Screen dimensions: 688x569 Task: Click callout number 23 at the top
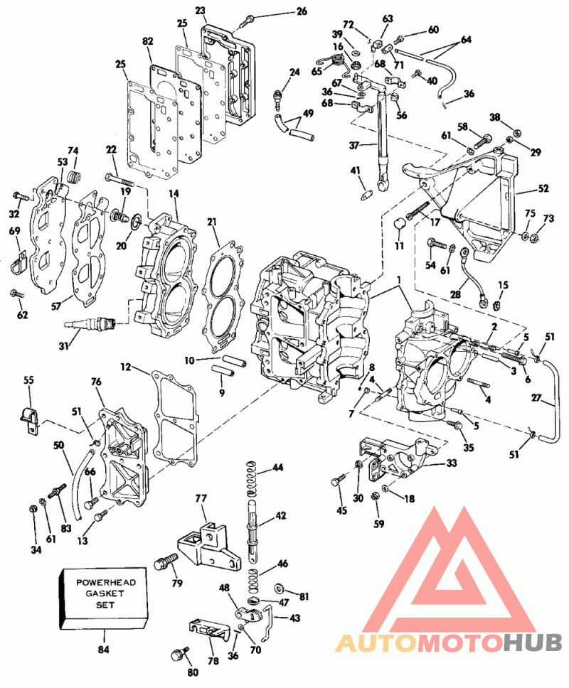coord(200,10)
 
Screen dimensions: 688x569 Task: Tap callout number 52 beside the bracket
coord(543,189)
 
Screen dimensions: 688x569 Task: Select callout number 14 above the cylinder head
coord(173,193)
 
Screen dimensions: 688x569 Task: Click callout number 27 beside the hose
coord(557,400)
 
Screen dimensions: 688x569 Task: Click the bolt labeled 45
coord(336,482)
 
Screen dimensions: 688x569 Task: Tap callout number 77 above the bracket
coord(201,498)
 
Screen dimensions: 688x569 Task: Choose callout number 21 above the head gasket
coord(211,223)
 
